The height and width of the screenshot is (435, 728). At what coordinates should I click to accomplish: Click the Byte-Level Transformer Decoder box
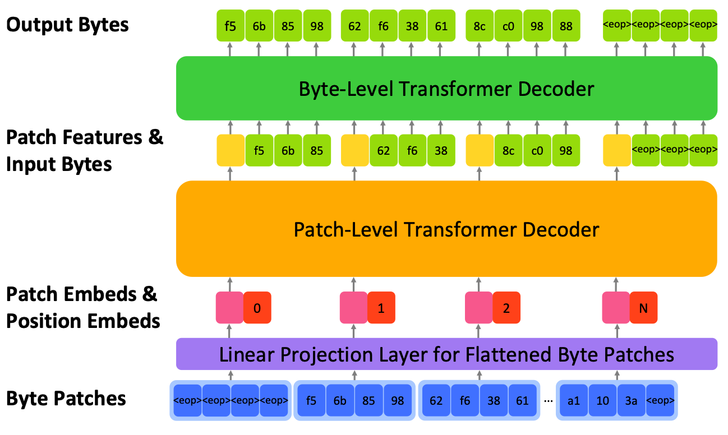pyautogui.click(x=446, y=89)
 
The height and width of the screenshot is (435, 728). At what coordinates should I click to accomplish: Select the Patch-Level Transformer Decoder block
pyautogui.click(x=446, y=229)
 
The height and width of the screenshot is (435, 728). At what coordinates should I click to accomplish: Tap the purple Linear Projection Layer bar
pyautogui.click(x=446, y=354)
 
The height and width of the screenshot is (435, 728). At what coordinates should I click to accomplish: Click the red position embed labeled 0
pyautogui.click(x=257, y=308)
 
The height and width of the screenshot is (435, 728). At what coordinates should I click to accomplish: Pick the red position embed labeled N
pyautogui.click(x=644, y=308)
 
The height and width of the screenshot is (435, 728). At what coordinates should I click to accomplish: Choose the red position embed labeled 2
pyautogui.click(x=506, y=308)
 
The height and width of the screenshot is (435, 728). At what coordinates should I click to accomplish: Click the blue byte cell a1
pyautogui.click(x=573, y=400)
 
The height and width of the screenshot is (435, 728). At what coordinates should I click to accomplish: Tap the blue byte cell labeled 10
pyautogui.click(x=602, y=400)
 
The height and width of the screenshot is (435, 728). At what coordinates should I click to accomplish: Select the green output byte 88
pyautogui.click(x=566, y=26)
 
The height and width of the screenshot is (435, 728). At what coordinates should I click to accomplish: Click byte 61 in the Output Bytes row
pyautogui.click(x=441, y=26)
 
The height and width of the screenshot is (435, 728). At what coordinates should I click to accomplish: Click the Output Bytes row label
pyautogui.click(x=67, y=25)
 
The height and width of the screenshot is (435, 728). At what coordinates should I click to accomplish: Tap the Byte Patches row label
pyautogui.click(x=66, y=399)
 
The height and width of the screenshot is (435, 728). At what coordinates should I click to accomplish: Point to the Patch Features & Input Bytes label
pyautogui.click(x=85, y=151)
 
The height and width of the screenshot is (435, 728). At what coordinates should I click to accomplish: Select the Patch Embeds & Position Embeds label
pyautogui.click(x=83, y=307)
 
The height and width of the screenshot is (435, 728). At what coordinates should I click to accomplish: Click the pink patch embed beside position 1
pyautogui.click(x=354, y=308)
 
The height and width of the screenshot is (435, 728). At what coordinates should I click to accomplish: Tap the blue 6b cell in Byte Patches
pyautogui.click(x=340, y=400)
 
